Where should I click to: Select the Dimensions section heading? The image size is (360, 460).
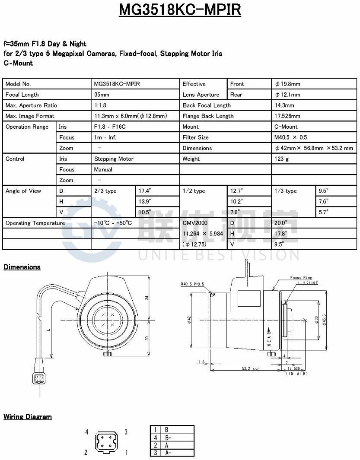[x=22, y=267]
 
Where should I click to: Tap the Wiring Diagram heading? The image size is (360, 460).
[x=28, y=417]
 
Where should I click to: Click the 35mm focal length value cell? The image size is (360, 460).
[x=102, y=95]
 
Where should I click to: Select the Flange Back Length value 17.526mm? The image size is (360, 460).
[x=287, y=116]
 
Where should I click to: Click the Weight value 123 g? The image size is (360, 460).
[x=282, y=159]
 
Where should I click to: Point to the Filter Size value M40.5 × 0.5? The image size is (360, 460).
[x=291, y=137]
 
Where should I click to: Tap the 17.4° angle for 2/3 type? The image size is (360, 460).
[x=145, y=190]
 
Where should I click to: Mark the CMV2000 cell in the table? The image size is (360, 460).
[x=195, y=223]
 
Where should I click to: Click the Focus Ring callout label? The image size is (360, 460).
[x=301, y=278]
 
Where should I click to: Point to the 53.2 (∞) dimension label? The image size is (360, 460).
[x=250, y=369]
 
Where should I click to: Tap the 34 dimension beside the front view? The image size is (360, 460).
[x=147, y=298]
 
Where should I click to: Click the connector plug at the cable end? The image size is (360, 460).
[x=38, y=378]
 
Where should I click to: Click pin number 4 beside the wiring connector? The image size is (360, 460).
[x=87, y=432]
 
